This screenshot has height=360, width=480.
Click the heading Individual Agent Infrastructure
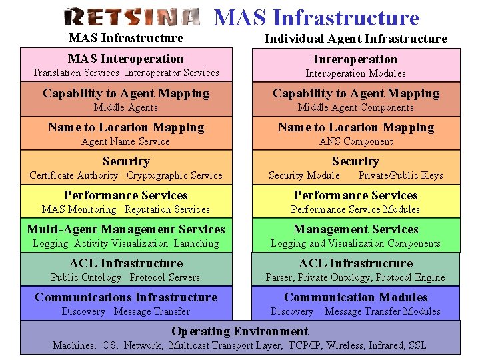click(x=355, y=39)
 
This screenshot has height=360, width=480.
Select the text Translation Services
click(x=76, y=73)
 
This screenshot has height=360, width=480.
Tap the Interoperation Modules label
click(x=355, y=73)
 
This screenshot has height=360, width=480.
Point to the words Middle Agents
click(x=126, y=107)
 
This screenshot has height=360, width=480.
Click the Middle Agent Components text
click(x=355, y=107)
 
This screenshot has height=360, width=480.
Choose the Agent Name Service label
click(x=125, y=141)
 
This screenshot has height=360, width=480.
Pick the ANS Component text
click(x=356, y=141)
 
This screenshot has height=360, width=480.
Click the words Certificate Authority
click(x=73, y=175)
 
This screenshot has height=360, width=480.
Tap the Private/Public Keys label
click(x=401, y=175)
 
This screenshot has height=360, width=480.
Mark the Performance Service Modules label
click(x=355, y=209)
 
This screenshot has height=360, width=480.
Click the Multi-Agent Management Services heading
click(x=126, y=229)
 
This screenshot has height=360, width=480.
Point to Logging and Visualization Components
click(x=355, y=243)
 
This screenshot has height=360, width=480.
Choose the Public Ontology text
click(x=86, y=277)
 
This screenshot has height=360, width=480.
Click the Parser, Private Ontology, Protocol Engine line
click(x=355, y=277)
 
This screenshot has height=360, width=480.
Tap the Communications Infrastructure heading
click(x=126, y=297)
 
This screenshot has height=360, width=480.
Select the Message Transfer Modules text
click(x=382, y=311)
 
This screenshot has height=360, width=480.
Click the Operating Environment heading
click(x=240, y=331)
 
